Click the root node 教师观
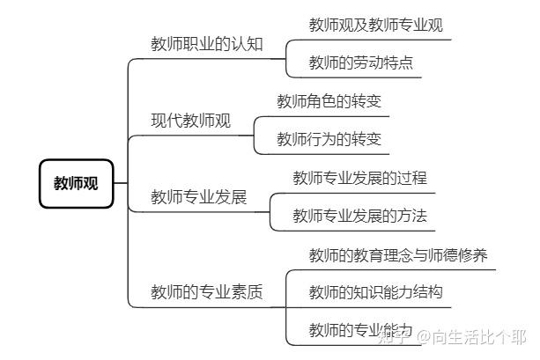pyautogui.click(x=77, y=184)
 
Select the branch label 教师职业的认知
pyautogui.click(x=207, y=44)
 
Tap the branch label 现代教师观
pyautogui.click(x=191, y=121)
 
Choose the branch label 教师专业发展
pyautogui.click(x=199, y=196)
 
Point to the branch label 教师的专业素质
pyautogui.click(x=207, y=291)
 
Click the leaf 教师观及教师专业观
pyautogui.click(x=375, y=25)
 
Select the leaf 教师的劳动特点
pyautogui.click(x=361, y=62)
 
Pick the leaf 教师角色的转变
pyautogui.click(x=329, y=101)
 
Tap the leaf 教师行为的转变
pyautogui.click(x=329, y=139)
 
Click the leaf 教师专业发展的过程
pyautogui.click(x=360, y=177)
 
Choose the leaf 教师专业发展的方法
pyautogui.click(x=360, y=215)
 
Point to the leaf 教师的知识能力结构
pyautogui.click(x=375, y=291)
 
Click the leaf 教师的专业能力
pyautogui.click(x=361, y=329)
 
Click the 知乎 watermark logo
pyautogui.click(x=393, y=337)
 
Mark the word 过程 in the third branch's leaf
pyautogui.click(x=411, y=177)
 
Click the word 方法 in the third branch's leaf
pyautogui.click(x=411, y=215)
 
